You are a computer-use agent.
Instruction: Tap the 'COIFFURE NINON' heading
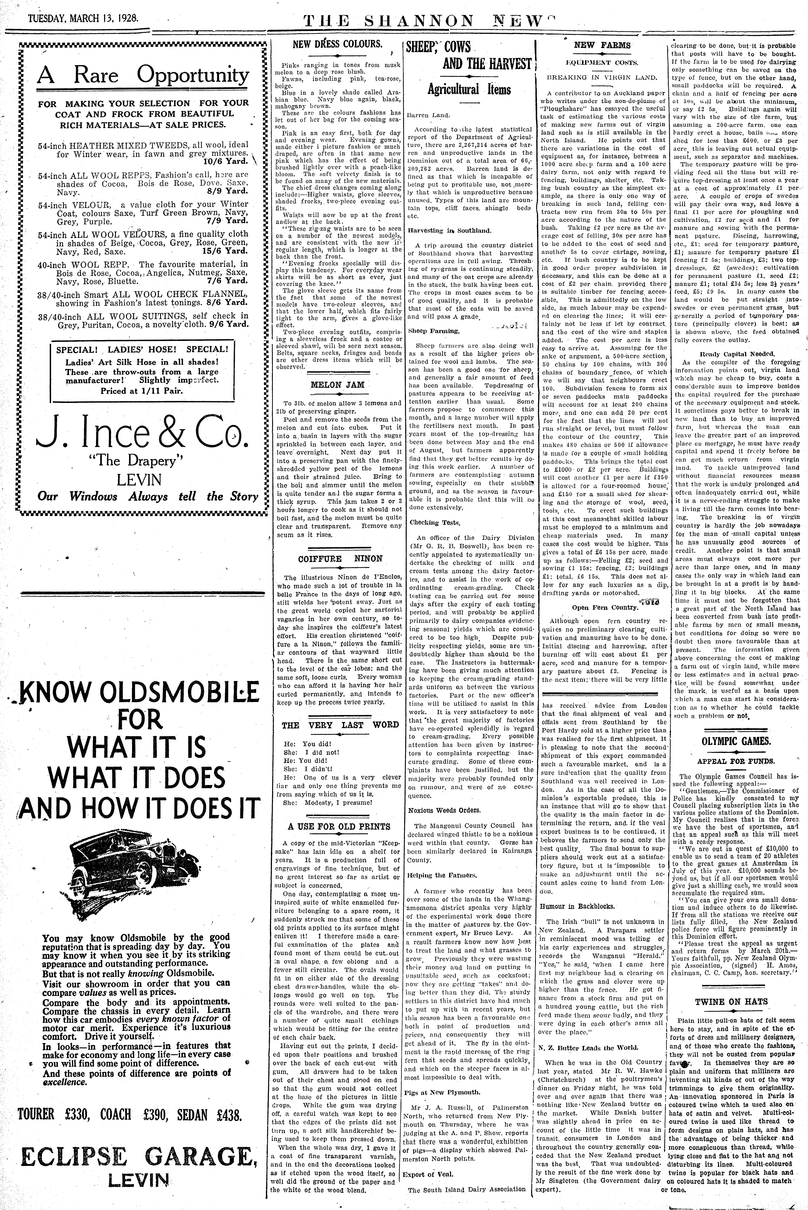(x=340, y=559)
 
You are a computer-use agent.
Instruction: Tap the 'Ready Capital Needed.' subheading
(x=737, y=354)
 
